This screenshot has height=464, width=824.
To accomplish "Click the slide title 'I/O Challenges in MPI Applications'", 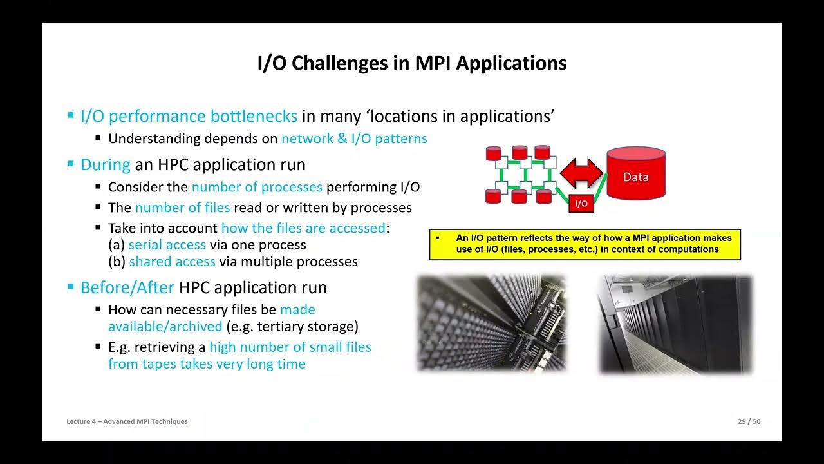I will coord(412,63).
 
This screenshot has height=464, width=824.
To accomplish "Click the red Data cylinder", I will coord(635,174).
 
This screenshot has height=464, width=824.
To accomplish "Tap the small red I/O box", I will coord(581,203).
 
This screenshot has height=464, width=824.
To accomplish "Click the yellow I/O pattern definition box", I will coord(585,244).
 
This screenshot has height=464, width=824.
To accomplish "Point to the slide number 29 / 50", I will coord(749,421).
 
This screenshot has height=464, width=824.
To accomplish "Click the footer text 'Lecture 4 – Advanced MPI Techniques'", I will coord(127,421).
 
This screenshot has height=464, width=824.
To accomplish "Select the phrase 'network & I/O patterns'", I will coord(354,139).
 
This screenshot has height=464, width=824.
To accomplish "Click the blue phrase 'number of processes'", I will coord(257,187).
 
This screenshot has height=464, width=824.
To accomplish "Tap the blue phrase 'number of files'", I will coord(182,208).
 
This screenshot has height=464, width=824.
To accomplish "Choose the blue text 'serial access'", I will coord(167,245).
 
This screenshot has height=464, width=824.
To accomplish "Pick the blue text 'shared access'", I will coord(172,262).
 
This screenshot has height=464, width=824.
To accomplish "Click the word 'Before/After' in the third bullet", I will coord(127,287).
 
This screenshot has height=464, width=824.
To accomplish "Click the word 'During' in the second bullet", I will coord(105,164).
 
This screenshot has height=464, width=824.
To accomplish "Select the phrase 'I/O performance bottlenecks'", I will coord(189,116).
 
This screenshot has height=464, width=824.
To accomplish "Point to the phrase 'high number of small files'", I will coord(290,347).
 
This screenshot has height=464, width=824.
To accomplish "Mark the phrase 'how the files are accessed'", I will coord(303,228).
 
